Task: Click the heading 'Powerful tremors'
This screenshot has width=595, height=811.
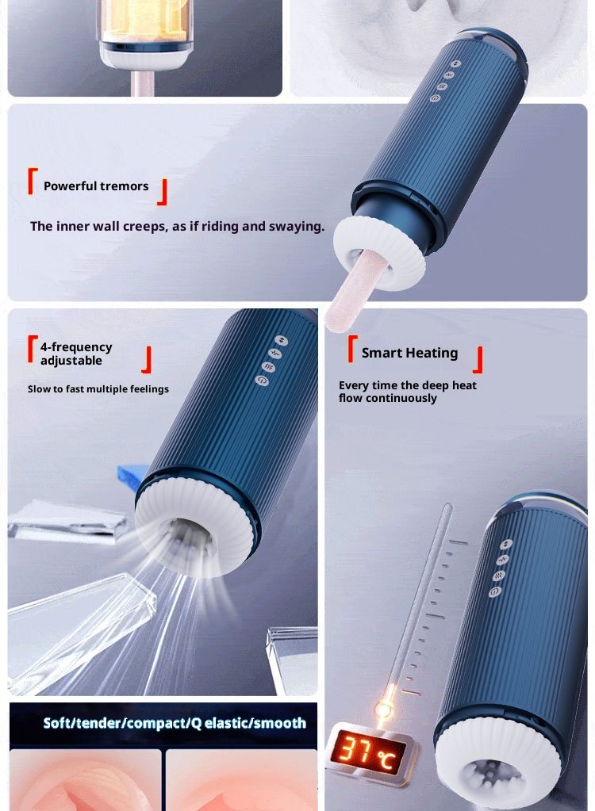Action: tap(96, 186)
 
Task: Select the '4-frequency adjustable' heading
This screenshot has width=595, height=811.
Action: tap(76, 354)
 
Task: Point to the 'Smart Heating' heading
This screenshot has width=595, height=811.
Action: tap(410, 354)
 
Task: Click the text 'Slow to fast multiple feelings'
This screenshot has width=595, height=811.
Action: tap(98, 389)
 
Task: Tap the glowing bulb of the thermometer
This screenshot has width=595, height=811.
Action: tap(383, 708)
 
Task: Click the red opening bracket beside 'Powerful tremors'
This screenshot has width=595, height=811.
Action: tap(33, 181)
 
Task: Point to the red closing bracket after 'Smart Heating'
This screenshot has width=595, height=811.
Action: tap(478, 359)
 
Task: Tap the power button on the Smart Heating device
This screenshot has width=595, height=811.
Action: tap(494, 591)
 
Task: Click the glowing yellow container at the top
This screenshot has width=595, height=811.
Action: tap(146, 20)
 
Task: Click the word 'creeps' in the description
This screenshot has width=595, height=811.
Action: tap(148, 227)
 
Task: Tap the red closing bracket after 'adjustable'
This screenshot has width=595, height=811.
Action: tap(147, 359)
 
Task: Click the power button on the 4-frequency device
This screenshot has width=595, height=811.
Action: tap(262, 381)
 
